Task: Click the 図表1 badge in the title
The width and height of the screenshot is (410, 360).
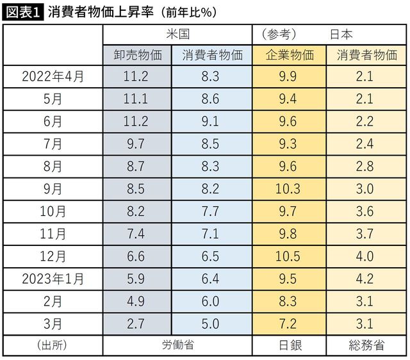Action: point(22,11)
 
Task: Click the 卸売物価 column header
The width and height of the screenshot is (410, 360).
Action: point(137,55)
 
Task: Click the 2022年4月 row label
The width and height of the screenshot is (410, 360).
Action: point(53,78)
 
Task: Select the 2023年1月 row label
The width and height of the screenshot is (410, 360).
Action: point(53,279)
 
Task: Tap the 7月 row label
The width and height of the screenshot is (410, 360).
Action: point(53,144)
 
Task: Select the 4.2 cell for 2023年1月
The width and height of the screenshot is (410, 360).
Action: point(365,279)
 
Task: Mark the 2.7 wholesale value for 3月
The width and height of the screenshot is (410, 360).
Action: point(136,323)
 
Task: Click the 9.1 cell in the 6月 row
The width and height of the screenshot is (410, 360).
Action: point(210,122)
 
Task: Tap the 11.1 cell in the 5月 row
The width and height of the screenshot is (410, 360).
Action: point(136,99)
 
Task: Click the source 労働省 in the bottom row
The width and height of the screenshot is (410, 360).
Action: point(177,346)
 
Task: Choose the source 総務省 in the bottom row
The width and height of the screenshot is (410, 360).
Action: point(365,346)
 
